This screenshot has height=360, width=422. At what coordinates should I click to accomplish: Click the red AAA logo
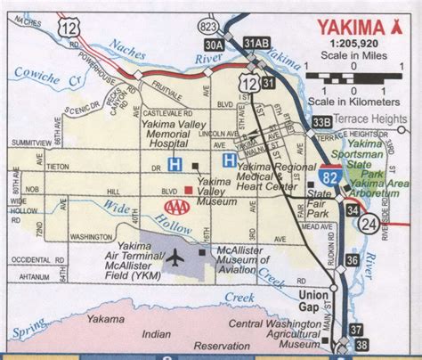[x=178, y=207]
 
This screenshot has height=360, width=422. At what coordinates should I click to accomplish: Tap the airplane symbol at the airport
[x=174, y=259]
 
